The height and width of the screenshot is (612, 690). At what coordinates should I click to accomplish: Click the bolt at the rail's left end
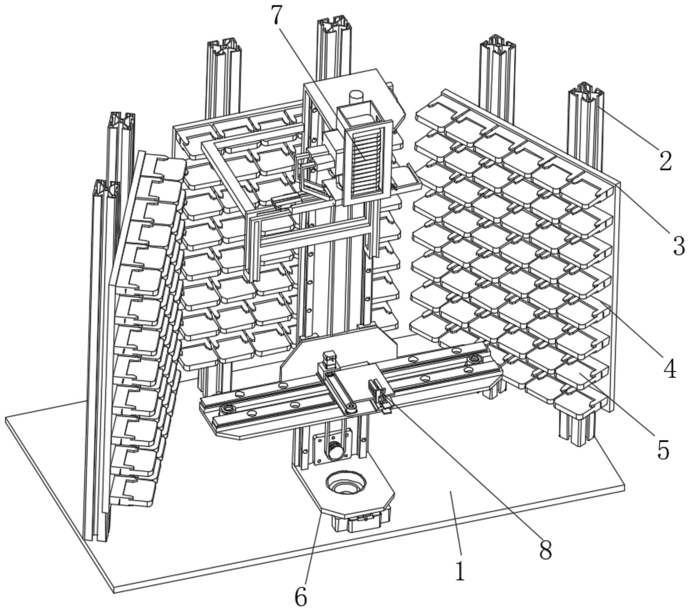tap(227, 409)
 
